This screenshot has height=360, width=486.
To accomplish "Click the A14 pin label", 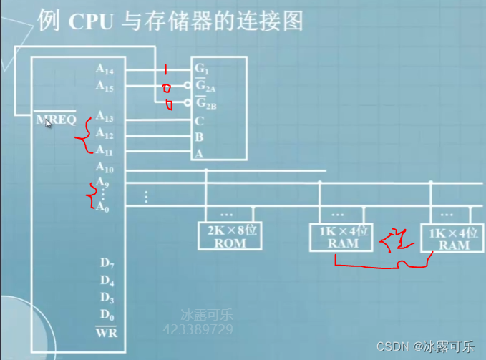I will coord(104,69).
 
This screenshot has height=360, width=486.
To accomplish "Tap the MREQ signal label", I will coord(56,120).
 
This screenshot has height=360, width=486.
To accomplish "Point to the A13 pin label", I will coord(104,117).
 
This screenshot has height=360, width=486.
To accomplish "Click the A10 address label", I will coord(104,169).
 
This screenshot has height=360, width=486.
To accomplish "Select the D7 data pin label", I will coord(105,263).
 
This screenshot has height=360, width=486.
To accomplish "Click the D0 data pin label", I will coord(105,315).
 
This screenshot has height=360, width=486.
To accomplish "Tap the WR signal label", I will coord(106,332).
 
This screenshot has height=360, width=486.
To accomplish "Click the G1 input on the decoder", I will coord(201,69).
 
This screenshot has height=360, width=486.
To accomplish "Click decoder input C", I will coord(198,120).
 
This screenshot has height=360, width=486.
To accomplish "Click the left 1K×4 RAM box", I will coord(341,237).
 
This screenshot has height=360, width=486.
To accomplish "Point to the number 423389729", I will coord(198,329).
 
